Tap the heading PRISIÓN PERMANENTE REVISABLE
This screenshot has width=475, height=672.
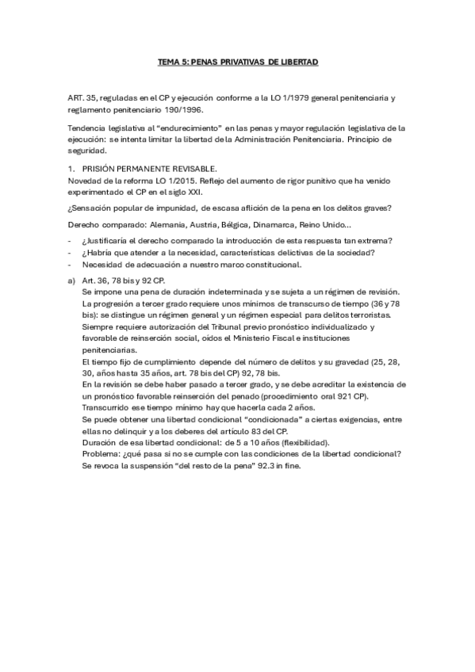[x=149, y=168]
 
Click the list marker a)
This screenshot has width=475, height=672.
[x=73, y=281]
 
